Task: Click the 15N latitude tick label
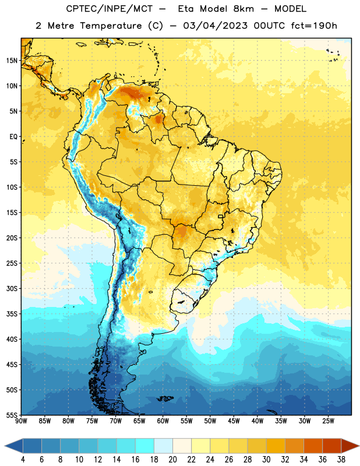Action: (12, 61)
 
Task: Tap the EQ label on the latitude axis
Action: (13, 137)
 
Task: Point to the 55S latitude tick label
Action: (12, 415)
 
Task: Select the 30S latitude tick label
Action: (12, 288)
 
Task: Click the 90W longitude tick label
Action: (21, 421)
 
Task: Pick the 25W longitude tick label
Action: (328, 421)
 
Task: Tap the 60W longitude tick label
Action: (163, 421)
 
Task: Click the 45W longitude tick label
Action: (234, 421)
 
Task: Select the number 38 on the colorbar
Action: (341, 460)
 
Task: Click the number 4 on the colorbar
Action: (23, 460)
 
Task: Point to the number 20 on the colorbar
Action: (172, 460)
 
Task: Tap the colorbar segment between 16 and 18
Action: (145, 446)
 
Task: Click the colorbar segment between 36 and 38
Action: (332, 446)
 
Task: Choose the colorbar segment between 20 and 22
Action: (182, 446)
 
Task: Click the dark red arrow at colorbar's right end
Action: (350, 446)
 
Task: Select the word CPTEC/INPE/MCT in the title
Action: (110, 9)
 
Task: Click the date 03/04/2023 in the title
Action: (215, 26)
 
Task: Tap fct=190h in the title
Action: (314, 26)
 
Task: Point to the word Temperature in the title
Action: (111, 26)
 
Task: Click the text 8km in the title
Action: (243, 9)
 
